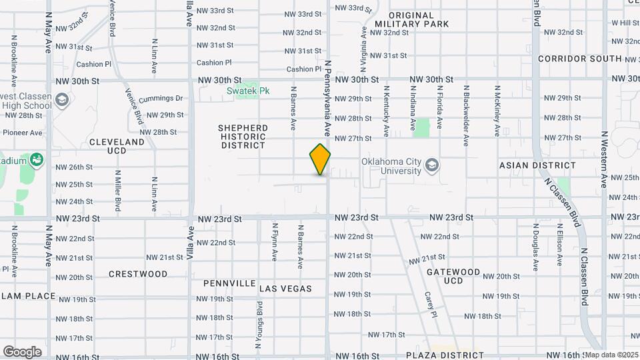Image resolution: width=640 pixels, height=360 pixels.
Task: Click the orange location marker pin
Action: coord(321,159)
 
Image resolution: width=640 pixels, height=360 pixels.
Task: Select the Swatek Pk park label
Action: coord(248,90)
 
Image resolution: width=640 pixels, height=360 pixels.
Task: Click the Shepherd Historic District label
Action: coord(243,137)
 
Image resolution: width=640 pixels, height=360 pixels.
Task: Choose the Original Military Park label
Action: coord(411,19)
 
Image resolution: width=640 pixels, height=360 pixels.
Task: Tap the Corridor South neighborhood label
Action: coord(579,59)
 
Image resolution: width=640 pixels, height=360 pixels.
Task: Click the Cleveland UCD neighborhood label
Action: coord(117,146)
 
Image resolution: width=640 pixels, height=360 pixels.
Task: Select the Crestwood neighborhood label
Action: coord(138,274)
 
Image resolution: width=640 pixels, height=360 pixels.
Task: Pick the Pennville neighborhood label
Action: coord(229,283)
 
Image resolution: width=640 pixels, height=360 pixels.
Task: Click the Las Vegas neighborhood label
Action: coord(285,289)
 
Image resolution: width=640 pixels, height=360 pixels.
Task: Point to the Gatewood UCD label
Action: coord(453,276)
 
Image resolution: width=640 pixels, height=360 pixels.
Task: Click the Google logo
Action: coord(22,351)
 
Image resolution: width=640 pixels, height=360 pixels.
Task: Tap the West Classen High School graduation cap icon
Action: coord(62,101)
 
